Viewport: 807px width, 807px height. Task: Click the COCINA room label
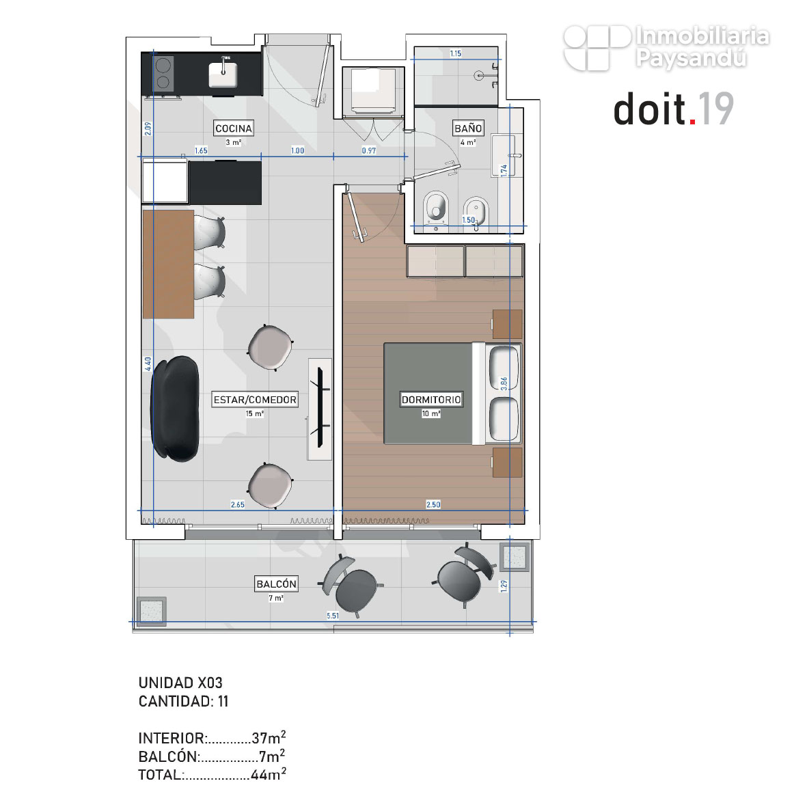[x=234, y=128]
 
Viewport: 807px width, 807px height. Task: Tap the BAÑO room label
[x=468, y=128]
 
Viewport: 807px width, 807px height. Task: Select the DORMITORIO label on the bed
[x=431, y=399]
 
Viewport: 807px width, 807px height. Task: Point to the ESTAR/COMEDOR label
[x=256, y=399]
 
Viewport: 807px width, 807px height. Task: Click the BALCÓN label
[x=276, y=584]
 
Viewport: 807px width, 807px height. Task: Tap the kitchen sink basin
[x=223, y=74]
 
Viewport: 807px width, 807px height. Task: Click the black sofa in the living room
[x=174, y=408]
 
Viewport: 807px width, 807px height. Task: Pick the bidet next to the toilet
[x=475, y=211]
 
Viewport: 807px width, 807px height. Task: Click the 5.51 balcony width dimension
[x=333, y=616]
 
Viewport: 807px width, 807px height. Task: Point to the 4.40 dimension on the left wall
[x=148, y=364]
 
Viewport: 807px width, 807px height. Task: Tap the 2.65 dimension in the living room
[x=238, y=504]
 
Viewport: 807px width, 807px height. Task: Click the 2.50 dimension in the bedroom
[x=433, y=504]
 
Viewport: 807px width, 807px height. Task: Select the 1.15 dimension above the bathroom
[x=456, y=53]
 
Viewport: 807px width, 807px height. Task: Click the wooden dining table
[x=168, y=264]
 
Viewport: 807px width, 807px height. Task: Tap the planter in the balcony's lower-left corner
[x=151, y=611]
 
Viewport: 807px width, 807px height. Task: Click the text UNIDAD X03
[x=180, y=683]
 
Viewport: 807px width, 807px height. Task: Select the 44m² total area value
[x=268, y=774]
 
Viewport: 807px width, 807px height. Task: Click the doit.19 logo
[x=674, y=109]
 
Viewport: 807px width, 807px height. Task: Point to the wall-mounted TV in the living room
[x=320, y=408]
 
